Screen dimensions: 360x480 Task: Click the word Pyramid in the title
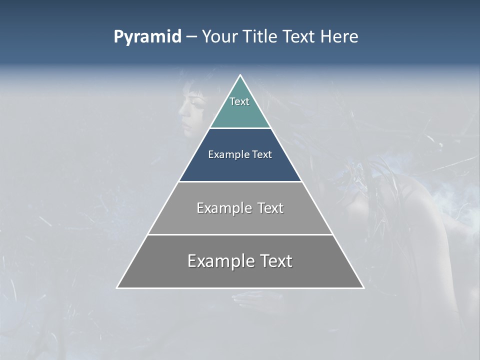pos(147,37)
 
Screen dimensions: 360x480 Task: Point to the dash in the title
pos(191,37)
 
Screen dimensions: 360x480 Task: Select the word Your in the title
pos(219,37)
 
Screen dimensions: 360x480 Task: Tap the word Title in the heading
pos(260,37)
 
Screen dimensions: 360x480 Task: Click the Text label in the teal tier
pos(239,101)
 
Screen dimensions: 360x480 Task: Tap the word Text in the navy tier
pos(262,155)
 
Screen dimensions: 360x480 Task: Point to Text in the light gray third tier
pos(270,208)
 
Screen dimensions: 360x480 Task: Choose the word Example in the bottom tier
pos(218,261)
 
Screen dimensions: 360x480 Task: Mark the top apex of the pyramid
pos(240,75)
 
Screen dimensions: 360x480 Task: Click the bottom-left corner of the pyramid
pos(117,287)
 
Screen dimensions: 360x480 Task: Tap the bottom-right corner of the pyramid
pos(363,287)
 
